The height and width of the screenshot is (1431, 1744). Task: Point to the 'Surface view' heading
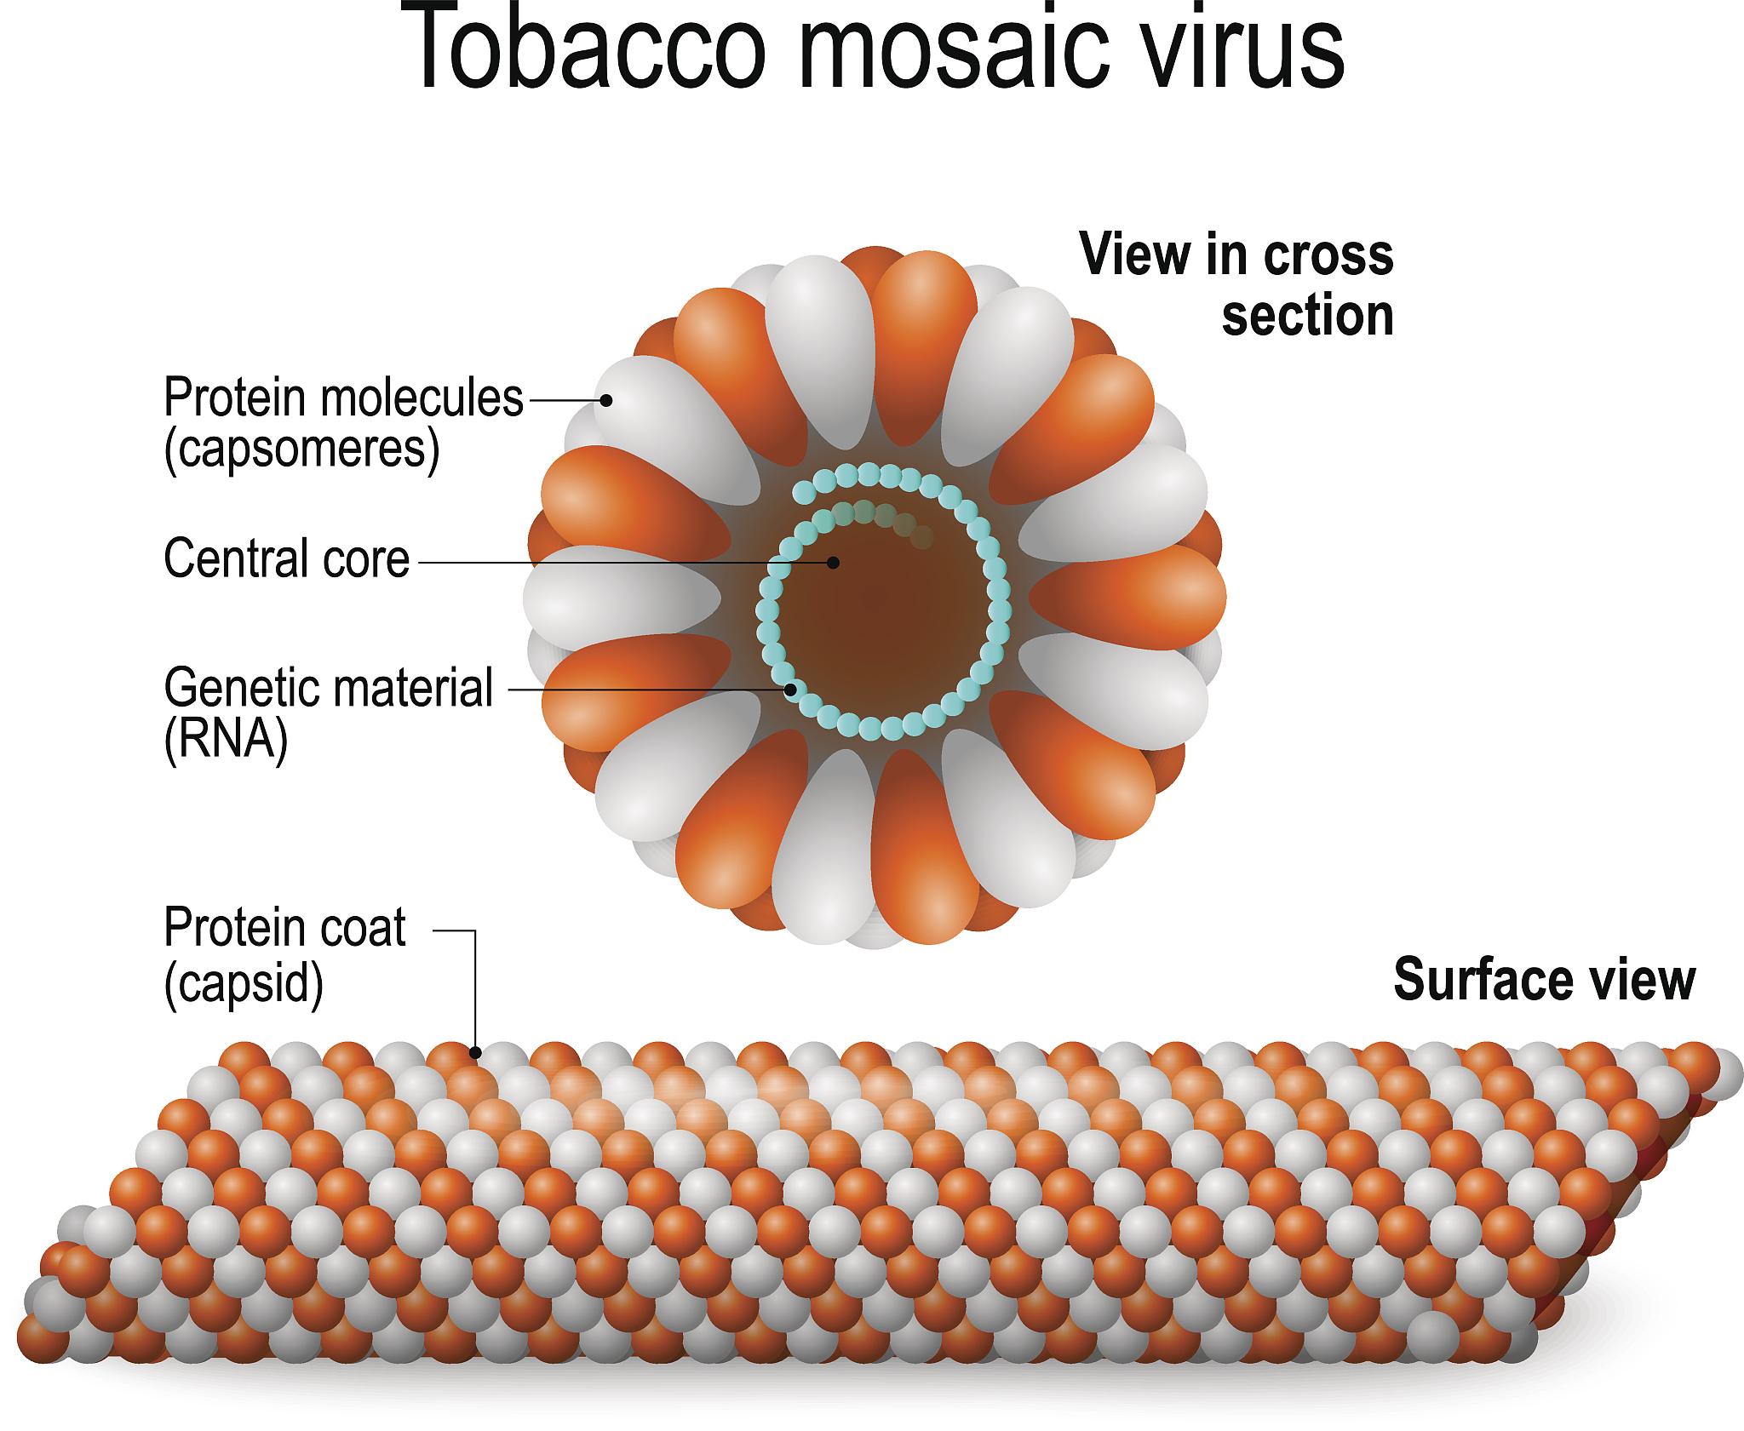coord(1544,980)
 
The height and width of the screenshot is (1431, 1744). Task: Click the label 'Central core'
coord(286,559)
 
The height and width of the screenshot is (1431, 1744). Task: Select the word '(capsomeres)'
coord(301,449)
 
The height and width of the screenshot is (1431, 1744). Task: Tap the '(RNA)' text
coord(226,739)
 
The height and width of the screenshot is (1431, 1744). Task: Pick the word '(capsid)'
coord(244,984)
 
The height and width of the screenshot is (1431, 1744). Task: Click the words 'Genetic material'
coord(329,688)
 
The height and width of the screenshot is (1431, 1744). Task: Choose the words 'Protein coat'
coord(284,928)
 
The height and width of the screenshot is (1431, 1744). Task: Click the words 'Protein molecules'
coord(343,398)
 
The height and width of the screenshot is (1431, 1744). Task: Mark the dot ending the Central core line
coord(834,563)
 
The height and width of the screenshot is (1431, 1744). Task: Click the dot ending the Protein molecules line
coord(606,400)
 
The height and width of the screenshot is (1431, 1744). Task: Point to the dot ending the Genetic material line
coord(790,690)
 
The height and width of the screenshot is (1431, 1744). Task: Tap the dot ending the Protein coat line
coord(475,1053)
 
